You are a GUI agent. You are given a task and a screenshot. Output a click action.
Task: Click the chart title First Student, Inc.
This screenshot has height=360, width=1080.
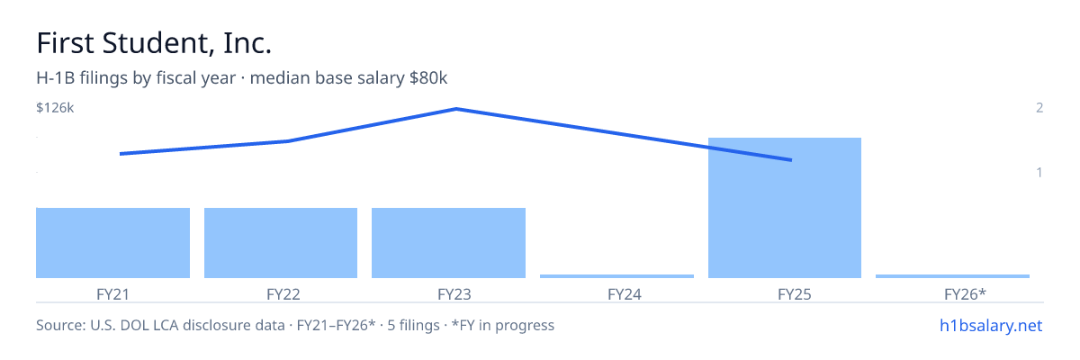point(154,43)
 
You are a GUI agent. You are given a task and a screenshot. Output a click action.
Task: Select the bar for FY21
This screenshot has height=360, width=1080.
point(112,243)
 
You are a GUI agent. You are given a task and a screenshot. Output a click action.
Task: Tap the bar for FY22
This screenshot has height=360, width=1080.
point(281,243)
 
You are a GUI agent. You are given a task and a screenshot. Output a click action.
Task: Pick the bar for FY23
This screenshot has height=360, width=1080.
point(448,243)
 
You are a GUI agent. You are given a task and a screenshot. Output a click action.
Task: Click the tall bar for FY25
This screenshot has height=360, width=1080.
point(785,208)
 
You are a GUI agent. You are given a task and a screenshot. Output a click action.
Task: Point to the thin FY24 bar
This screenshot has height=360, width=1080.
point(616,276)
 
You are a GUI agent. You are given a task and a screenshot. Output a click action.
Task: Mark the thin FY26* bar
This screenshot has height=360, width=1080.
point(952,276)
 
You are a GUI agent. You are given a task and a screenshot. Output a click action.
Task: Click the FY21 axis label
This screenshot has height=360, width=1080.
point(112,294)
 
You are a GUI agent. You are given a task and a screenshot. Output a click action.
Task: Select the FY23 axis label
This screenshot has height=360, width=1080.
point(454,294)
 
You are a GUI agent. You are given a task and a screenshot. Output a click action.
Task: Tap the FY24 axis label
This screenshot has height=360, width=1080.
point(625,294)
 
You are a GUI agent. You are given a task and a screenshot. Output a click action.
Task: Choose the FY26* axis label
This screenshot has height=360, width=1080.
point(965,294)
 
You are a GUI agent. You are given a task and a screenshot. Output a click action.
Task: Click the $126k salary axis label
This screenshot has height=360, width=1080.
point(55,108)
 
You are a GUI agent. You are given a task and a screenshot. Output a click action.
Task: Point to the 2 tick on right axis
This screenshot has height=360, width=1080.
point(1039,108)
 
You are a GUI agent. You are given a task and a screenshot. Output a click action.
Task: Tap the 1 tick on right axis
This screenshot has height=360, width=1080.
point(1039,173)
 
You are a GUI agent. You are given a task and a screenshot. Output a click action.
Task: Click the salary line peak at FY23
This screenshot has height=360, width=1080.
point(456,109)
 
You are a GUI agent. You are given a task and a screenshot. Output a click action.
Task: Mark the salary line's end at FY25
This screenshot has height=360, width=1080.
point(791,160)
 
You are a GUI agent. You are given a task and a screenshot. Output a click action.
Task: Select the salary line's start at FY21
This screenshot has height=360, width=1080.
point(121,154)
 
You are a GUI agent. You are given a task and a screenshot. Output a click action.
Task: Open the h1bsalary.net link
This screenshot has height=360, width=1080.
point(991,326)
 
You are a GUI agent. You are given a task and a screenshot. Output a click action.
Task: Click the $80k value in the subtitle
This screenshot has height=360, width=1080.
point(428,78)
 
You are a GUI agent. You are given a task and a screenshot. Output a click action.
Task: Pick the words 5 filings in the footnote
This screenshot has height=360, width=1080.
point(413,326)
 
